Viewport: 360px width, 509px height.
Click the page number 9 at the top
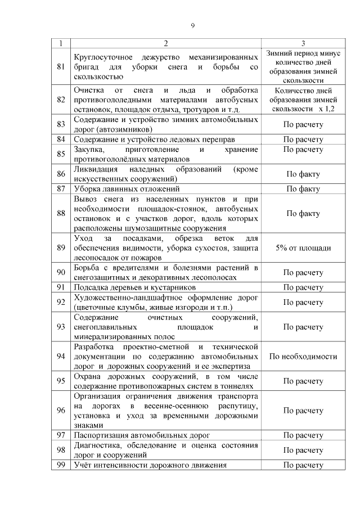point(192,25)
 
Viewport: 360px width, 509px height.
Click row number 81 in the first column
point(61,67)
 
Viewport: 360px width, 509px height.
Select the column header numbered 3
point(303,43)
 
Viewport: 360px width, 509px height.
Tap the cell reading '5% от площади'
point(303,247)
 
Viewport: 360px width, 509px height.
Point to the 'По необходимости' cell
point(303,356)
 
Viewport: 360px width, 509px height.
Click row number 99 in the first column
point(61,465)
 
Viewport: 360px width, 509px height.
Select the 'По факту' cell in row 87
point(303,188)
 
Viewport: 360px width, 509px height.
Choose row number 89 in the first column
point(61,247)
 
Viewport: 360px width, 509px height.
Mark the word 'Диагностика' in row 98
point(96,445)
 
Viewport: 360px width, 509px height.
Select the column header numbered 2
point(166,43)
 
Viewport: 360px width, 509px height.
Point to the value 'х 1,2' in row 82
point(326,109)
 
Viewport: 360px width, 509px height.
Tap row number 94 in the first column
point(61,356)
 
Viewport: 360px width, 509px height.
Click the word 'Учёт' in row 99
point(83,465)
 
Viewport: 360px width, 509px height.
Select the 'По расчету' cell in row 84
point(303,139)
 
